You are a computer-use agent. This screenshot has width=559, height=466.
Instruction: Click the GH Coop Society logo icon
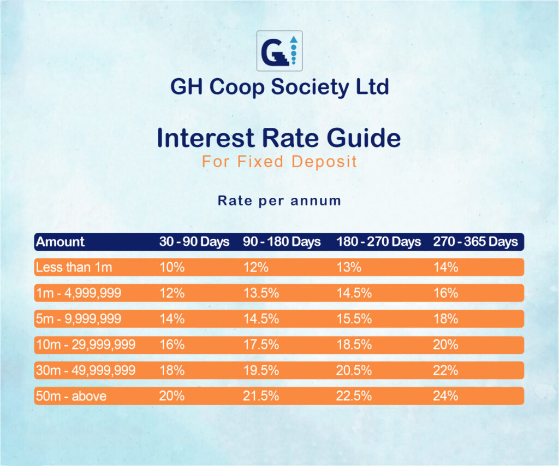point(279,51)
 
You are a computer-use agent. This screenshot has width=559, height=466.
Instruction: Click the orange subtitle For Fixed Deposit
point(279,162)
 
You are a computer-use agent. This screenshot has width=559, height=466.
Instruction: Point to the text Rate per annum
point(279,201)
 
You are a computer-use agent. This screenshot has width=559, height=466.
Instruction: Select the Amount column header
point(61,242)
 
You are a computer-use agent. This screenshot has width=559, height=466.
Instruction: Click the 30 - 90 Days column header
point(194,242)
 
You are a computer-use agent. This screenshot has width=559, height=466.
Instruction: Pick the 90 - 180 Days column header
point(282,242)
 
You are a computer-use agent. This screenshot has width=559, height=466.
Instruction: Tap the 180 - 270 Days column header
point(378,242)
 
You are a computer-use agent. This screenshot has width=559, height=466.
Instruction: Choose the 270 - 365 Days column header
point(475,242)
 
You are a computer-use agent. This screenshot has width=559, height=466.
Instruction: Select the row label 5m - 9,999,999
point(79,319)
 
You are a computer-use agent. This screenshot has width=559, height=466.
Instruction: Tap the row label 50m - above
point(71,396)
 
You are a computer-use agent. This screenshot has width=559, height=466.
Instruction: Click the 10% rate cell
point(172,268)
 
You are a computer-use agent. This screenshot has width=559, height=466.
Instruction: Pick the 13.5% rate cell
point(260,293)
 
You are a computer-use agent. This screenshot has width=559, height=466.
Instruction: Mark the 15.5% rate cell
point(354,319)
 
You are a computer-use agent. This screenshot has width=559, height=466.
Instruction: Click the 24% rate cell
point(445,396)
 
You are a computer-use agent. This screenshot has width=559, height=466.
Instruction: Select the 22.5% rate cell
point(354,396)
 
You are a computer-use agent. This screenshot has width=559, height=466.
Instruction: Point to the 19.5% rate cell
point(260,370)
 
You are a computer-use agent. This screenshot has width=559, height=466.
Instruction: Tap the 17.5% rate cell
point(260,345)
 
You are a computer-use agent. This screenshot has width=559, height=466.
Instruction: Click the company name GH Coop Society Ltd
point(279,87)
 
